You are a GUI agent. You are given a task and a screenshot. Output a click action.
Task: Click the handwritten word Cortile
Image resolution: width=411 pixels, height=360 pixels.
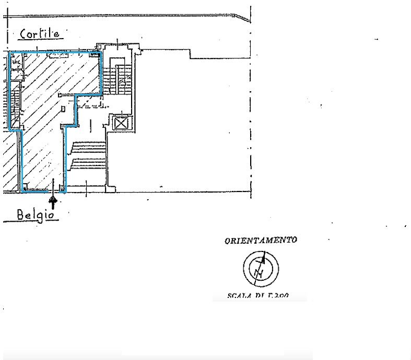click(40, 33)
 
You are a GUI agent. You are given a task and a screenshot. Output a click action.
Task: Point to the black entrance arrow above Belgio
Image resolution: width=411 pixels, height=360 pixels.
click(53, 200)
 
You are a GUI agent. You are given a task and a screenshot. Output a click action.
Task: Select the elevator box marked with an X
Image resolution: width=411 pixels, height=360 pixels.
click(121, 123)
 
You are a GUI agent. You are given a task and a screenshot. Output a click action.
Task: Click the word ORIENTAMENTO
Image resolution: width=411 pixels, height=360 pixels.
click(261, 241)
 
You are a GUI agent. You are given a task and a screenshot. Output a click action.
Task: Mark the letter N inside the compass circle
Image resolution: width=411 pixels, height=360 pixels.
click(257, 273)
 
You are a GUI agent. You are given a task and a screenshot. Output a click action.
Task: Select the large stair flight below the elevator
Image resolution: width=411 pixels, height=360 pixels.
click(87, 157)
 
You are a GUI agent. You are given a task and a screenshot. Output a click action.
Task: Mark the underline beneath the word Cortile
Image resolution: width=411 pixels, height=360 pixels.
click(40, 41)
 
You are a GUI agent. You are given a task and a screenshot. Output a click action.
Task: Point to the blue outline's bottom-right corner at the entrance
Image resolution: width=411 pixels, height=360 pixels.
click(65, 191)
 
